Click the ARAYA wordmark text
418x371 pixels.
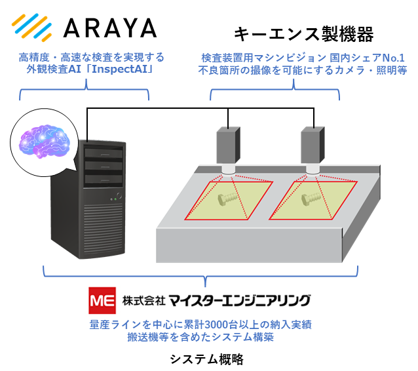(x=109, y=28)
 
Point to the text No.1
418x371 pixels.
(x=392, y=57)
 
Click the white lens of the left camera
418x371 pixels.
(x=228, y=170)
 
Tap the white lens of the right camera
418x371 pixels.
(x=313, y=170)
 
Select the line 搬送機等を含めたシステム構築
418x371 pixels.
(x=200, y=338)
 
